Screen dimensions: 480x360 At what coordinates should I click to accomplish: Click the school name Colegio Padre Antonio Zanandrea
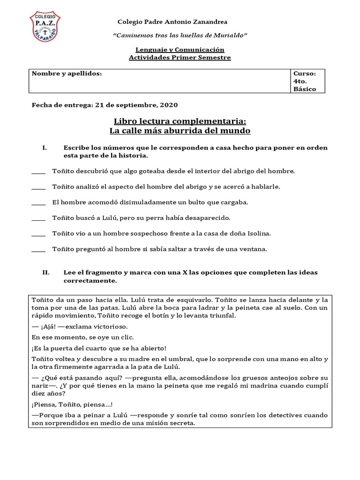pyautogui.click(x=172, y=22)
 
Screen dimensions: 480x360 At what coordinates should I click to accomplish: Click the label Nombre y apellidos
pyautogui.click(x=67, y=74)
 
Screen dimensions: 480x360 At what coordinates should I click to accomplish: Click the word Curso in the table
pyautogui.click(x=304, y=74)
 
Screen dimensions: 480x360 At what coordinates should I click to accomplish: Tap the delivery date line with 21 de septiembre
pyautogui.click(x=105, y=105)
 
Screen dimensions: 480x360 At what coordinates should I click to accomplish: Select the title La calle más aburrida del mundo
pyautogui.click(x=180, y=130)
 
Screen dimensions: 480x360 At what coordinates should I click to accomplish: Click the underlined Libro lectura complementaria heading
pyautogui.click(x=180, y=121)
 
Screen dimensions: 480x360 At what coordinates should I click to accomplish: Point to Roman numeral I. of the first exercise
pyautogui.click(x=45, y=148)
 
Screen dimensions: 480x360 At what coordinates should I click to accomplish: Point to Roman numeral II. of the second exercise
pyautogui.click(x=46, y=272)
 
